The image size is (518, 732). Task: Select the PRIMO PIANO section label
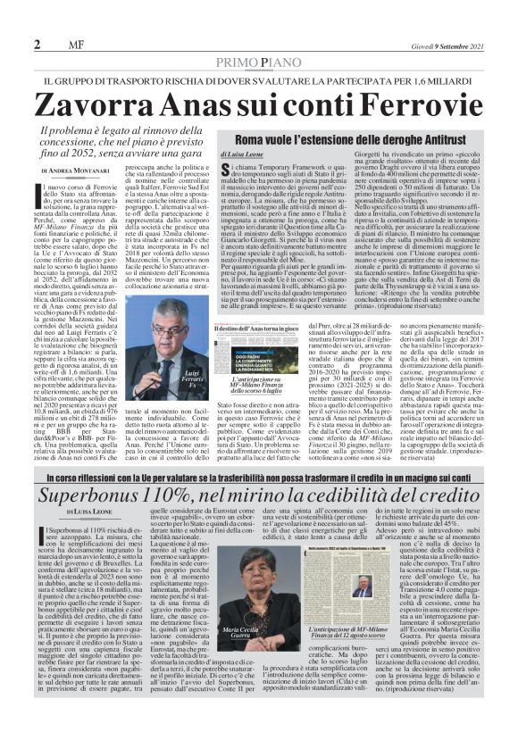(259, 64)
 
